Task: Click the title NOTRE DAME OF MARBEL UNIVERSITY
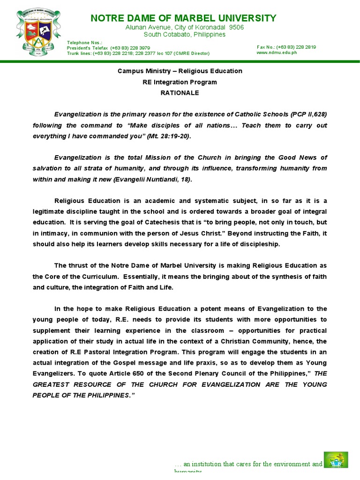[183, 18]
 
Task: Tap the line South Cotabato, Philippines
[184, 35]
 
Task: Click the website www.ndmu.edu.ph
[277, 52]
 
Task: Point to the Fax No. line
[286, 47]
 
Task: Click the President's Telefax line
[108, 48]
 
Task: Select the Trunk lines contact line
[138, 53]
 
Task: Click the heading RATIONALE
[180, 93]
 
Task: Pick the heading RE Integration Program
[180, 82]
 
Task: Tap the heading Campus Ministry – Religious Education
[180, 71]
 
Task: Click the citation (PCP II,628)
[308, 114]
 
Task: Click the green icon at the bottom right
[336, 460]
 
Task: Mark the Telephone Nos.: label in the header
[81, 43]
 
